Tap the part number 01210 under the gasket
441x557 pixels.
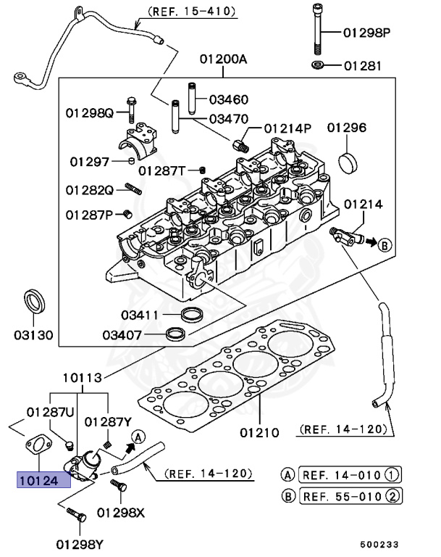click(x=259, y=433)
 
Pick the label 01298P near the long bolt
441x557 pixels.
click(x=366, y=33)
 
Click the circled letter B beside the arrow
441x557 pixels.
click(x=385, y=244)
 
